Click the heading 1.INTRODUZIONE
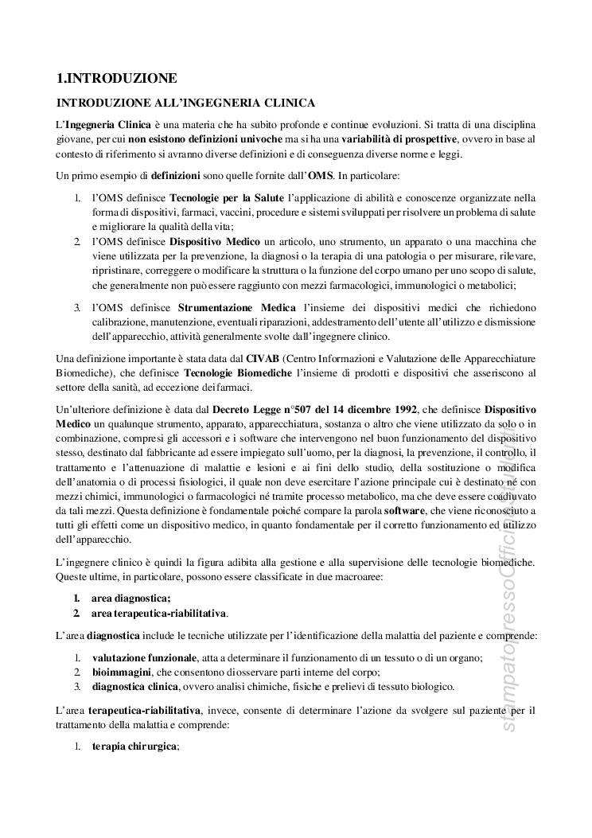(x=116, y=78)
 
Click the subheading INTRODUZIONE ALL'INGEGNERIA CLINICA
(x=185, y=103)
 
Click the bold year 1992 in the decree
(x=401, y=408)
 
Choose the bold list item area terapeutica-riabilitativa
(x=159, y=614)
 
